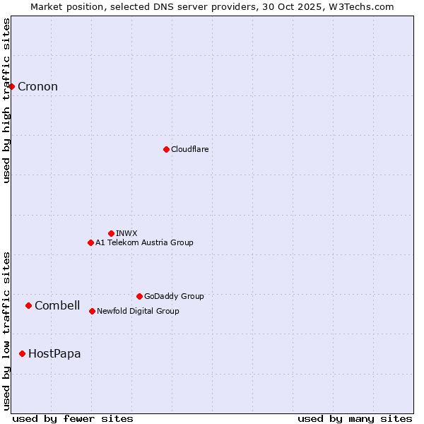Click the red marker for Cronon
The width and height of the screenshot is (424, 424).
pos(12,86)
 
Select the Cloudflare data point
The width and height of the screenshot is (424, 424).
pos(166,149)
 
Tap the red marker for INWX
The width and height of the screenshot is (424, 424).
pos(111,233)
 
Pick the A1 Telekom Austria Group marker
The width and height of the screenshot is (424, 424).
pos(90,242)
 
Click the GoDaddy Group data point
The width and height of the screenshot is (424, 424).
pos(139,296)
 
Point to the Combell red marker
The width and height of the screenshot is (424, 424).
pos(28,305)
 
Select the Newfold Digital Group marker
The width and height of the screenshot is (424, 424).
pos(92,311)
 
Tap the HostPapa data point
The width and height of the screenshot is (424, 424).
pos(23,353)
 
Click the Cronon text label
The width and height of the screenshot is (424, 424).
pos(37,87)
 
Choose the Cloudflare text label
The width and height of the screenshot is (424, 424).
pos(189,149)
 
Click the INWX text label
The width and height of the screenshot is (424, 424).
pos(126,233)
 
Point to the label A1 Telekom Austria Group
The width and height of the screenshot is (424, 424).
pos(144,242)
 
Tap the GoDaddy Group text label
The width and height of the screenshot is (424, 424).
pos(174,296)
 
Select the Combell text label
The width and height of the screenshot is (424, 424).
pos(57,305)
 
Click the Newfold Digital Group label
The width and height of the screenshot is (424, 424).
pos(138,311)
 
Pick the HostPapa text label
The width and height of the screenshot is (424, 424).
pos(54,353)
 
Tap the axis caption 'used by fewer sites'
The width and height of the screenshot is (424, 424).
pos(73,418)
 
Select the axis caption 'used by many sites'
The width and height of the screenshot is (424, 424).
pos(355,418)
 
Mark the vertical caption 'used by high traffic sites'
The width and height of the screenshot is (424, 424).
pos(6,100)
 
